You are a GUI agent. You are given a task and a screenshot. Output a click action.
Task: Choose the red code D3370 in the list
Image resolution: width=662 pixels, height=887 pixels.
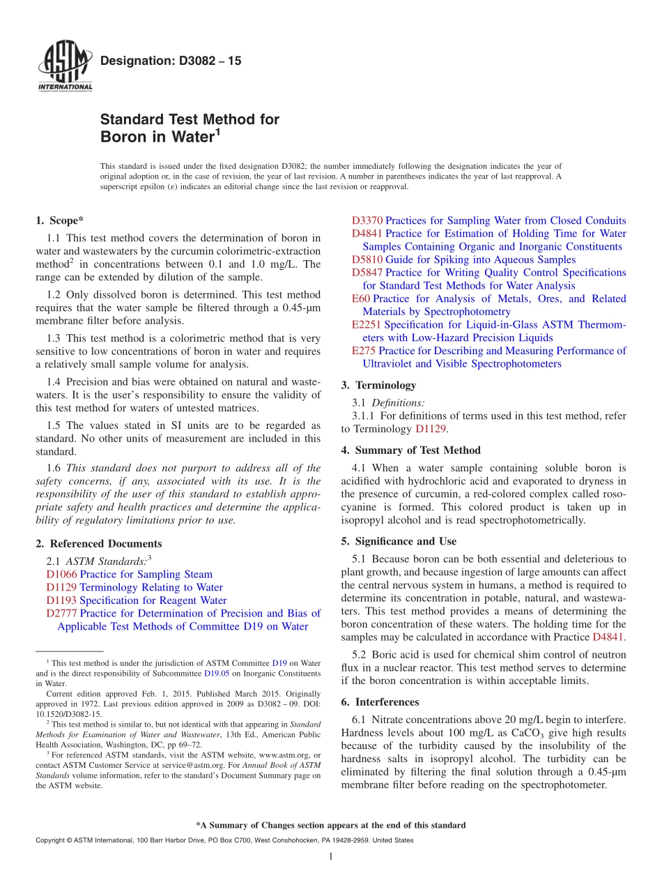click(367, 221)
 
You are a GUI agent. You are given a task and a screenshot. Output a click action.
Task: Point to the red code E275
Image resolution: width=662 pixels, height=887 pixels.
click(364, 351)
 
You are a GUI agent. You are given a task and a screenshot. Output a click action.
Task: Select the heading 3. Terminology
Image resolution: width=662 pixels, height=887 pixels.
click(378, 386)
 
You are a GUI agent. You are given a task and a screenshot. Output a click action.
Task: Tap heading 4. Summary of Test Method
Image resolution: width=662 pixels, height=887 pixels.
click(410, 450)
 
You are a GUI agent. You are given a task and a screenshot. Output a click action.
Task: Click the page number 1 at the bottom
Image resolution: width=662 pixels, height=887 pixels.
click(331, 857)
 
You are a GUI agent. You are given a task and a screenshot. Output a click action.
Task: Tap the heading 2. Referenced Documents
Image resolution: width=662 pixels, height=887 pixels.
click(99, 544)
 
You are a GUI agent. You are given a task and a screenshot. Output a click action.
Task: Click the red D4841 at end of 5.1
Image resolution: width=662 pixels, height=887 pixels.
click(608, 637)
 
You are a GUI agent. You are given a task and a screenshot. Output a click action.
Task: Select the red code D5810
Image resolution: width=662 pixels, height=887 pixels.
click(367, 260)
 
